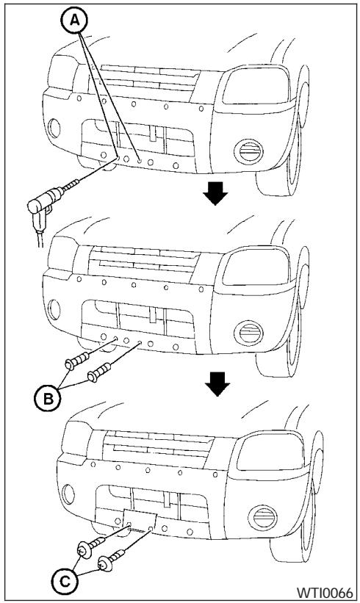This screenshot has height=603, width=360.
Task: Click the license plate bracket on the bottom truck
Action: pyautogui.click(x=140, y=520)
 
